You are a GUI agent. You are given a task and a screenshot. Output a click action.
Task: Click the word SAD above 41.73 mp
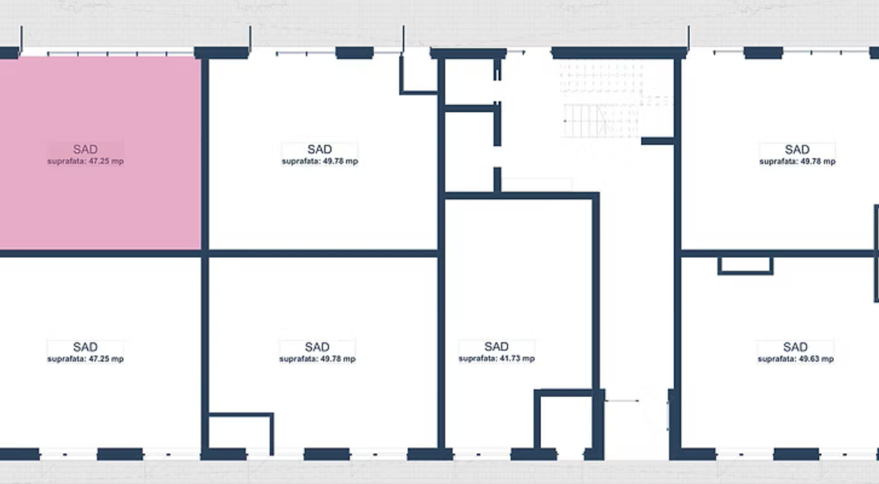click(496, 347)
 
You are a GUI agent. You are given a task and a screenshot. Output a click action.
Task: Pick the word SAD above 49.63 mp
click(795, 347)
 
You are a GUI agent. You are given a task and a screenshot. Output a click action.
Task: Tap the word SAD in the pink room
click(85, 149)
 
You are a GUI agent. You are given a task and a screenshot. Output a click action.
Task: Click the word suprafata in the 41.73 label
click(476, 359)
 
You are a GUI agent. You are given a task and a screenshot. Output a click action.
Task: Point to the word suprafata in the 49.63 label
click(775, 359)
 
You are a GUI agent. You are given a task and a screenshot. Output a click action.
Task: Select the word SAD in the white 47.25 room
click(85, 347)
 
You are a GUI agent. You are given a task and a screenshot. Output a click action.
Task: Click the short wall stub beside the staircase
click(657, 141)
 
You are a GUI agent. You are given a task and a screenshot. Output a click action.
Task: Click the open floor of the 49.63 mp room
click(785, 404)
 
